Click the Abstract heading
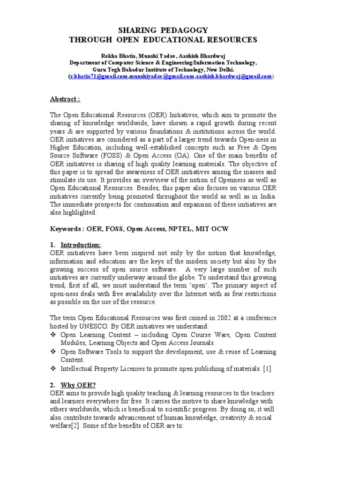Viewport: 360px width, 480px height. tap(65, 99)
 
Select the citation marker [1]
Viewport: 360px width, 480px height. tap(267, 369)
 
